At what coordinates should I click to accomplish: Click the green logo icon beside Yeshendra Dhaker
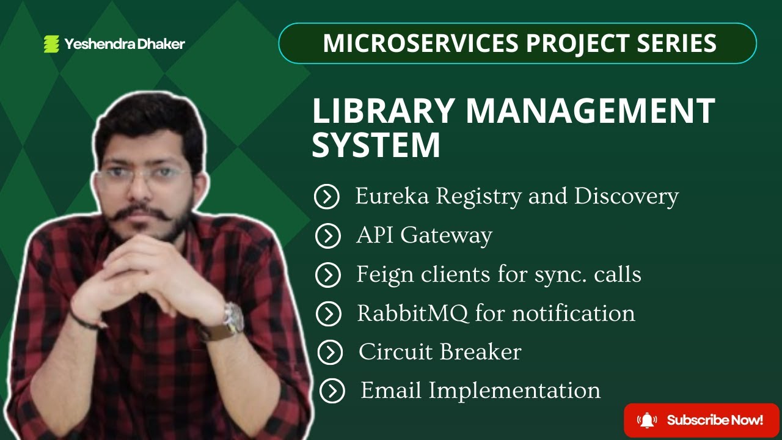[x=51, y=44]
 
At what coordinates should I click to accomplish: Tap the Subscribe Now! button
[x=701, y=420]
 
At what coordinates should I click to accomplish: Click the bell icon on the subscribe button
[x=646, y=420]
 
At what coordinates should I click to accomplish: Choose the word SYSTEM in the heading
[x=376, y=145]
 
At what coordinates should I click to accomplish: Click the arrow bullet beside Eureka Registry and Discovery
[x=327, y=197]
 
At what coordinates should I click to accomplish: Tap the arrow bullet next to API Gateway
[x=327, y=236]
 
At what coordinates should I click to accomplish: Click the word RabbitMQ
[x=413, y=313]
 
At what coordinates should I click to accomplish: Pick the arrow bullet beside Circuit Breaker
[x=330, y=352]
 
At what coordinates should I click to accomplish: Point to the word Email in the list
[x=390, y=390]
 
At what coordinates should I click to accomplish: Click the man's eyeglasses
[x=144, y=177]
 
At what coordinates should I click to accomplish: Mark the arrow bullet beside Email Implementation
[x=332, y=391]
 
